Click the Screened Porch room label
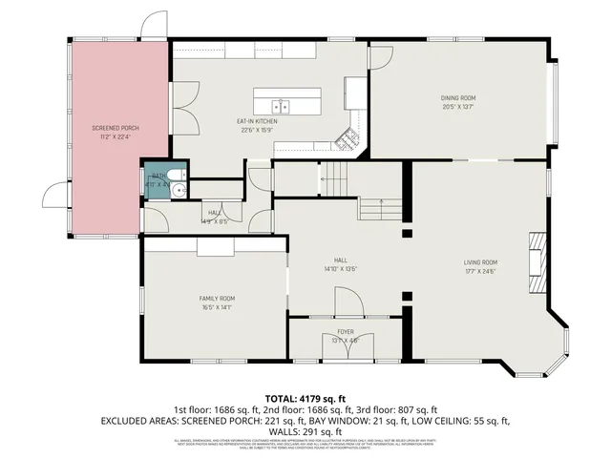pos(107,128)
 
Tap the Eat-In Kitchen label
pos(257,121)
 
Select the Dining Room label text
pos(457,98)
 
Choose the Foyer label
pos(345,331)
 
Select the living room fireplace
pos(539,261)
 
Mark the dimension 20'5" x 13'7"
pos(457,107)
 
